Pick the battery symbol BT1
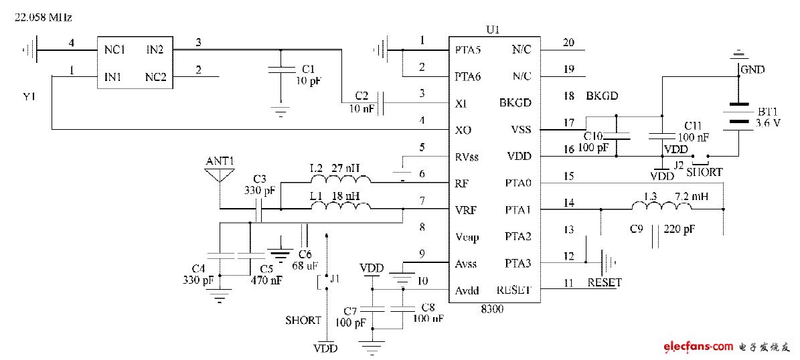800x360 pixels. pyautogui.click(x=738, y=113)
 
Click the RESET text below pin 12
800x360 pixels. pyautogui.click(x=604, y=282)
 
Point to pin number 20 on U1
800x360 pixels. pyautogui.click(x=568, y=43)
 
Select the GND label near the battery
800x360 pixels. pyautogui.click(x=752, y=69)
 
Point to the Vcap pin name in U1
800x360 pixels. pyautogui.click(x=467, y=237)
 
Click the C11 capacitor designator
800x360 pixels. pyautogui.click(x=692, y=126)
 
